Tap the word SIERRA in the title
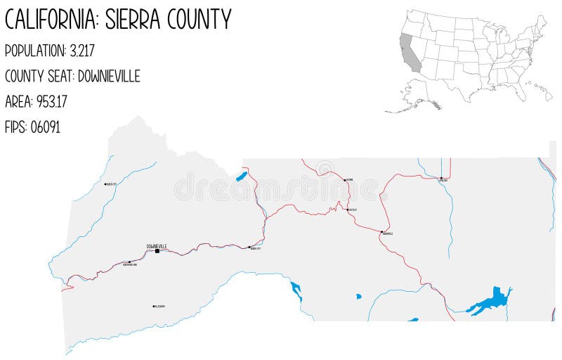(133, 19)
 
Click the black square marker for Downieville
(157, 250)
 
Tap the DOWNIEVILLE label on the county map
(157, 245)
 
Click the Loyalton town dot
(440, 179)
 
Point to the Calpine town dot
(344, 179)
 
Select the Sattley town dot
(348, 209)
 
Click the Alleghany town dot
(153, 306)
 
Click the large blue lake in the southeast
(492, 301)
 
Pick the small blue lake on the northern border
(241, 176)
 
